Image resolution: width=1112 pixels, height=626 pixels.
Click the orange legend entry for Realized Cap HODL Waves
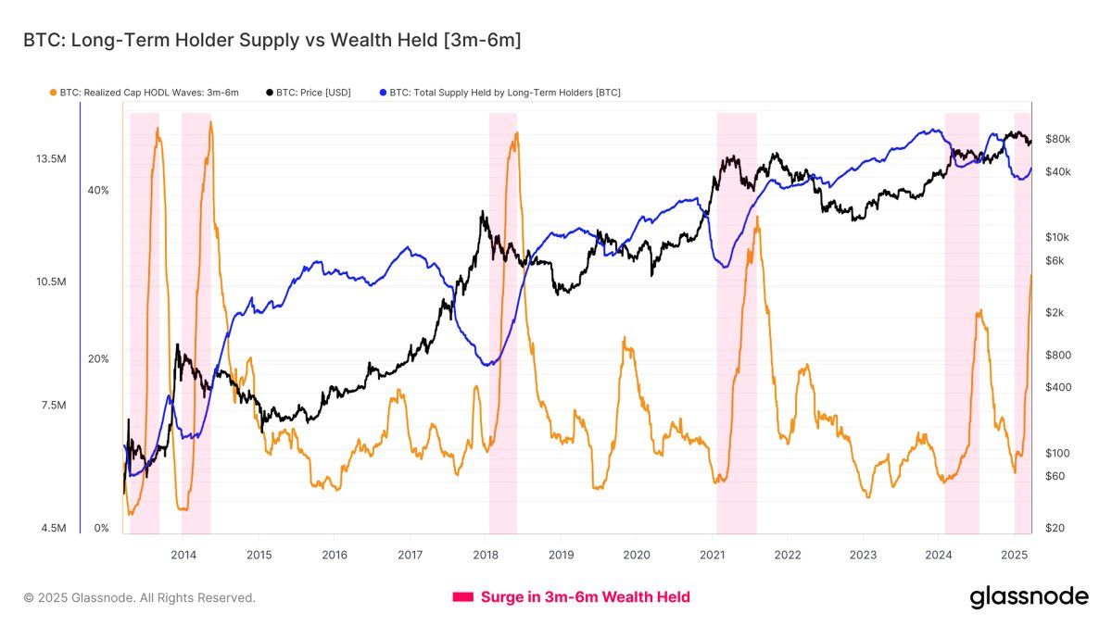[x=144, y=93]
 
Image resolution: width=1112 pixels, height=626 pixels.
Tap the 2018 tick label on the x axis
[x=486, y=555]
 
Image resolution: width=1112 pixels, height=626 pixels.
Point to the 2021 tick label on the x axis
[x=712, y=555]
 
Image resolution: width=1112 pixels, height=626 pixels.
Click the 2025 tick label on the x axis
[x=1014, y=555]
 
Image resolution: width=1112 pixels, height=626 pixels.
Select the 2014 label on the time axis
[x=183, y=555]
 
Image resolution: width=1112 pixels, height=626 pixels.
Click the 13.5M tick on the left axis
[x=50, y=159]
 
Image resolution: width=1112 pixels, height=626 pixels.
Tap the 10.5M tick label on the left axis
[x=50, y=282]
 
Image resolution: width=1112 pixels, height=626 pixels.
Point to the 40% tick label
[x=98, y=191]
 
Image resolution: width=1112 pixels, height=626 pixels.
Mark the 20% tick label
[x=98, y=359]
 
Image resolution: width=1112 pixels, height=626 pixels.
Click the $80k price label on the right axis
[x=1058, y=139]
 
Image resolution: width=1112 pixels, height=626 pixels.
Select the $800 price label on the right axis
[x=1058, y=356]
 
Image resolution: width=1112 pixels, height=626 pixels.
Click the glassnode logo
[x=1029, y=597]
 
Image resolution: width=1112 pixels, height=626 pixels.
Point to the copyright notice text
[x=139, y=598]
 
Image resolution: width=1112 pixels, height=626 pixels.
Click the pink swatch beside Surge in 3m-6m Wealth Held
[x=462, y=597]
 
